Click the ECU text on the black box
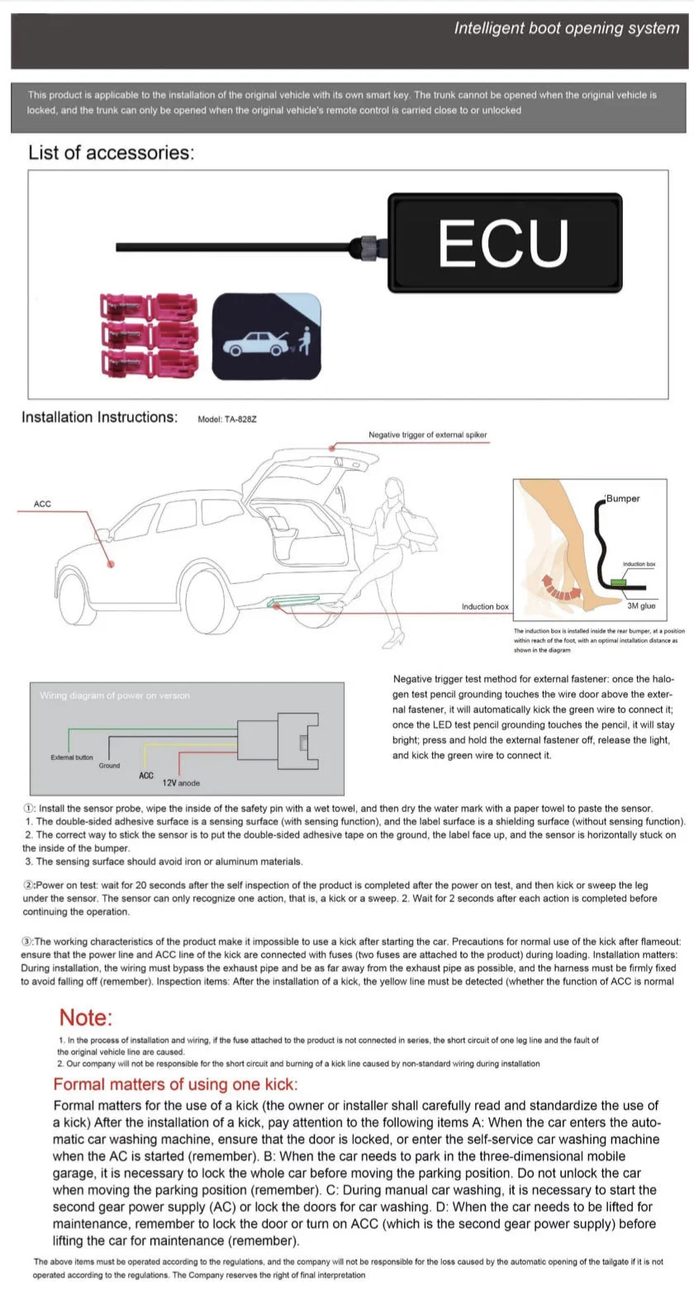[x=503, y=243]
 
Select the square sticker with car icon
[x=267, y=336]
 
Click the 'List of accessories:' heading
[x=111, y=153]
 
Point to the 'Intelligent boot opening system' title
[x=566, y=28]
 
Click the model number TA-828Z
[x=227, y=419]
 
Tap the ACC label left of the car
[x=42, y=504]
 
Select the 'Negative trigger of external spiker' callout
[x=427, y=434]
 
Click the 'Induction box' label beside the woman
[x=485, y=607]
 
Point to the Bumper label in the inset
[x=623, y=499]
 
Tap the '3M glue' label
[x=641, y=605]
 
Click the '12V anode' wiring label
[x=181, y=783]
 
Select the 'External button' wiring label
[x=72, y=757]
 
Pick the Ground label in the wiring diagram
[x=109, y=766]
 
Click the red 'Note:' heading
[x=85, y=1018]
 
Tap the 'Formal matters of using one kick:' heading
[x=175, y=1085]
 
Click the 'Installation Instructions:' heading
[x=99, y=417]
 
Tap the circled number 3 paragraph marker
[x=27, y=942]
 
